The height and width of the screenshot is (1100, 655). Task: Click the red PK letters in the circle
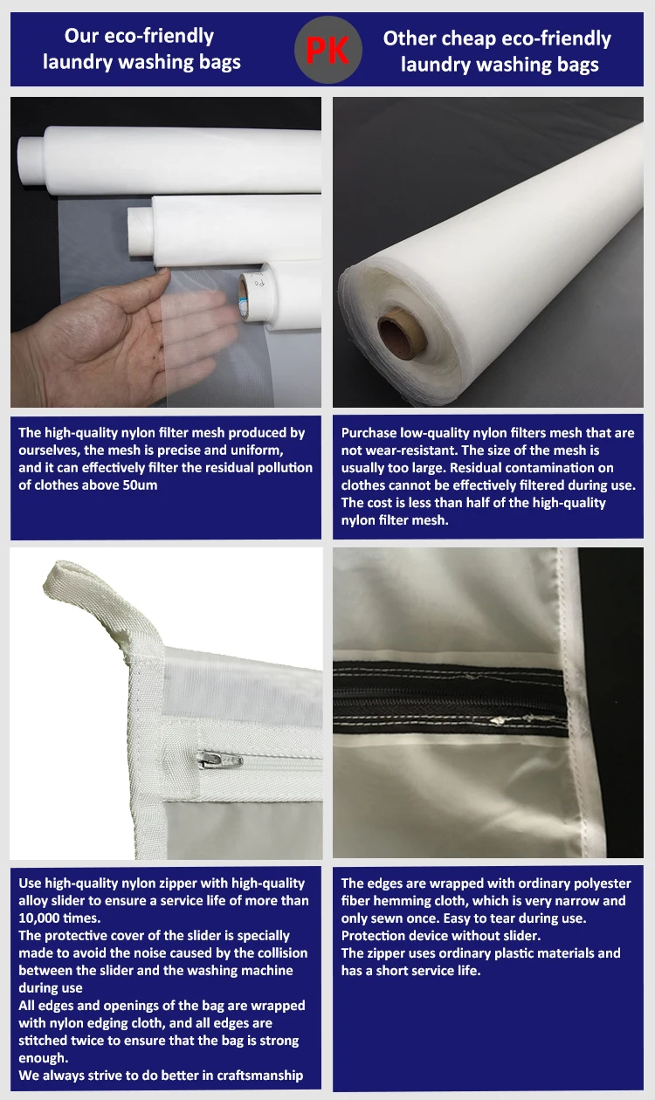[327, 51]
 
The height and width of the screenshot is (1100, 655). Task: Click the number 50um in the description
[137, 485]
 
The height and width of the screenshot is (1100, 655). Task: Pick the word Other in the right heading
[413, 38]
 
